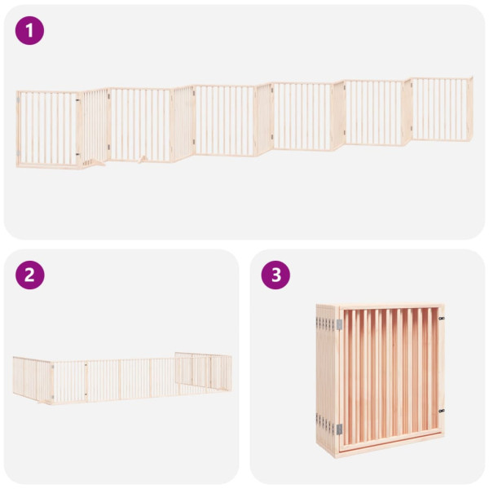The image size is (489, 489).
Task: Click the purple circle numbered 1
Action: pyautogui.click(x=30, y=31)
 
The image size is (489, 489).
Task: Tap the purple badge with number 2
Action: pyautogui.click(x=30, y=275)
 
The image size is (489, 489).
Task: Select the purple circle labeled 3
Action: pyautogui.click(x=275, y=275)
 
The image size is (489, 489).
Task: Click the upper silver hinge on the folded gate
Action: pyautogui.click(x=339, y=324)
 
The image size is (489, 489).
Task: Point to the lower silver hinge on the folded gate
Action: pyautogui.click(x=338, y=429)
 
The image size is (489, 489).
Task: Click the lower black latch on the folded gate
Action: pyautogui.click(x=441, y=410)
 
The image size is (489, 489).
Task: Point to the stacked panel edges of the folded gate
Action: pyautogui.click(x=325, y=376)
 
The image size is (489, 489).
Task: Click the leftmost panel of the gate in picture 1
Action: pyautogui.click(x=47, y=128)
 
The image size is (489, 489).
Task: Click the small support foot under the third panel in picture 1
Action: pyautogui.click(x=143, y=160)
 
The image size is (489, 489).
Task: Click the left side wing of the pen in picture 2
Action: pyautogui.click(x=33, y=377)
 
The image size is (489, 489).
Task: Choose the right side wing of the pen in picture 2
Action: pyautogui.click(x=204, y=371)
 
